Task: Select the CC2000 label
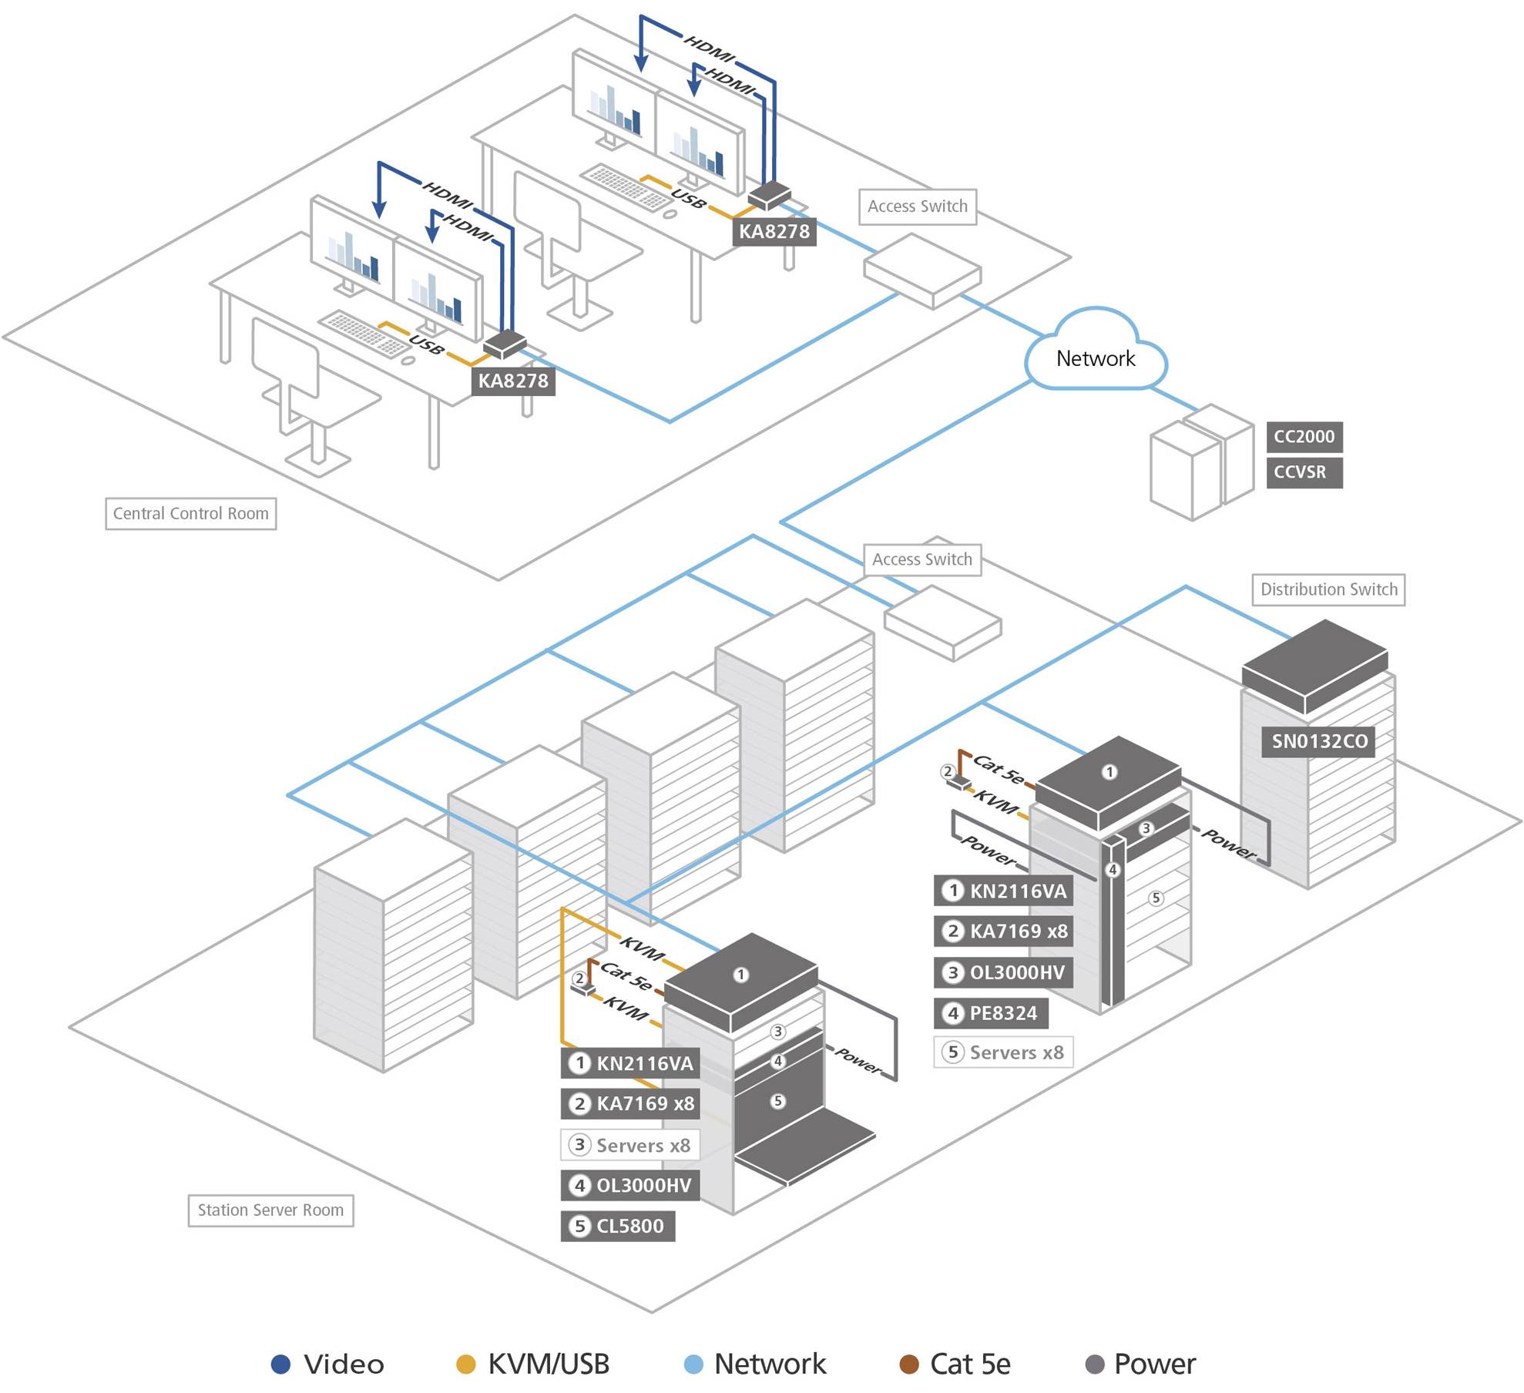[x=1303, y=437]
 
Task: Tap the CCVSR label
[x=1303, y=472]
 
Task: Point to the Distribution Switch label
[x=1328, y=589]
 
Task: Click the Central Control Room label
[x=190, y=513]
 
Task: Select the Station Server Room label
[x=270, y=1210]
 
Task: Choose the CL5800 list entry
[x=617, y=1226]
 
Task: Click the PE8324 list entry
[x=991, y=1013]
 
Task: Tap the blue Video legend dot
[x=280, y=1364]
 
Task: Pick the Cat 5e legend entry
[x=955, y=1364]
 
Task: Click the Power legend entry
[x=1140, y=1364]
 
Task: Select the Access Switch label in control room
[x=917, y=206]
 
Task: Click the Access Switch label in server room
[x=921, y=559]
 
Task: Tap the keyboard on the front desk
[x=364, y=334]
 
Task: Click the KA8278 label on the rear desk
[x=774, y=231]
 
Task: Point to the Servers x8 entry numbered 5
[x=1003, y=1052]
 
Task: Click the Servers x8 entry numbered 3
[x=630, y=1145]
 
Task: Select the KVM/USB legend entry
[x=533, y=1364]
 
